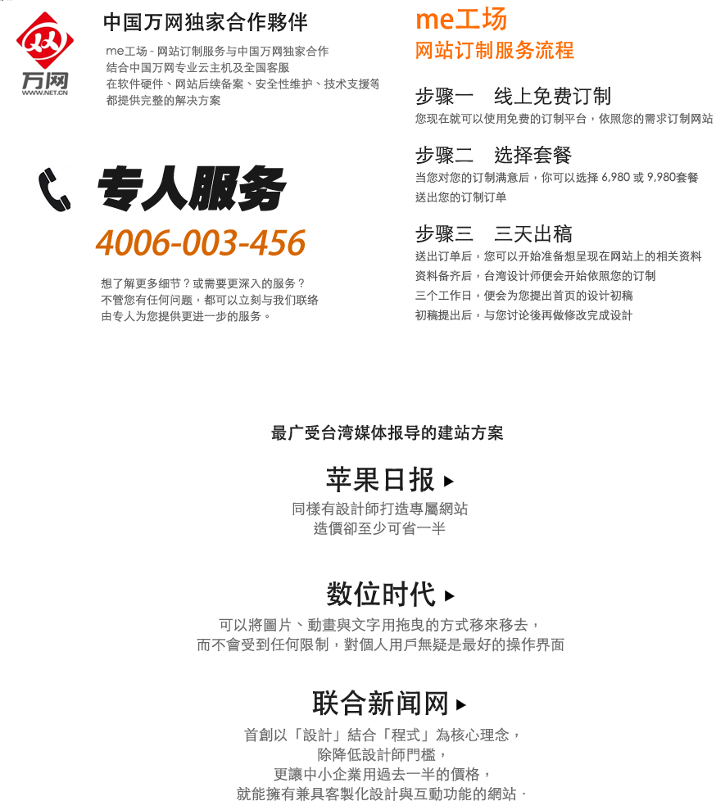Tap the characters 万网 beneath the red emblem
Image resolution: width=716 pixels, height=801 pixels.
tap(45, 80)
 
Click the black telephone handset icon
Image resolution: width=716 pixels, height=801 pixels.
tap(54, 188)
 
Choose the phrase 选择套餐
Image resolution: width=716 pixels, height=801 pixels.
tap(532, 156)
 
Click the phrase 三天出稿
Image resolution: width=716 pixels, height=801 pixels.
tap(533, 234)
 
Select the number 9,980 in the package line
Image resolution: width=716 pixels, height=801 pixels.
tap(662, 178)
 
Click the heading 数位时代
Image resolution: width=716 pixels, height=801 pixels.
tap(381, 594)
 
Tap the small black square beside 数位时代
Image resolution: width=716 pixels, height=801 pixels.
tap(450, 596)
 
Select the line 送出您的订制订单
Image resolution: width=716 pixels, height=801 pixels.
tap(460, 197)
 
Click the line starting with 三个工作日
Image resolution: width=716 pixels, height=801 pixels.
tap(523, 296)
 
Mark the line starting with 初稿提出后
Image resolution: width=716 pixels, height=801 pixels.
tap(523, 315)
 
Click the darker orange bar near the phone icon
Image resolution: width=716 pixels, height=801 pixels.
tap(200, 242)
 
